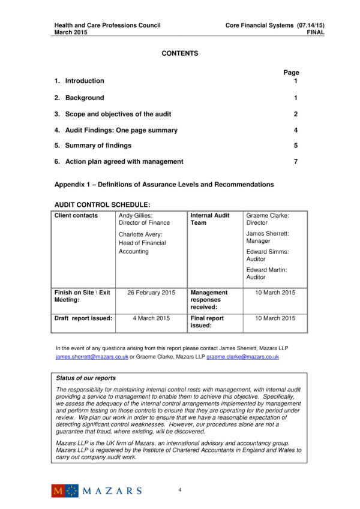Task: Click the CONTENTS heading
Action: click(179, 54)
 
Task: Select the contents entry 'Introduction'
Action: click(84, 81)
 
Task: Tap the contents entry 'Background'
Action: click(84, 98)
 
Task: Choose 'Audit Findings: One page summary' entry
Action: click(121, 130)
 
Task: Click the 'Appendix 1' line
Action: click(164, 185)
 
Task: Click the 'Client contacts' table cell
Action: click(76, 216)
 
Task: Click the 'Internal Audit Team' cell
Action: click(210, 219)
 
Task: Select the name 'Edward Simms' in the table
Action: click(267, 252)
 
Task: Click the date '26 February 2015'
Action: click(151, 293)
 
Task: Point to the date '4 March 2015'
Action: click(151, 318)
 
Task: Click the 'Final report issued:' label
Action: click(207, 322)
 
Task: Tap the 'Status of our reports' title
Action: click(86, 378)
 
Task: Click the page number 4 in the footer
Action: click(179, 490)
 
